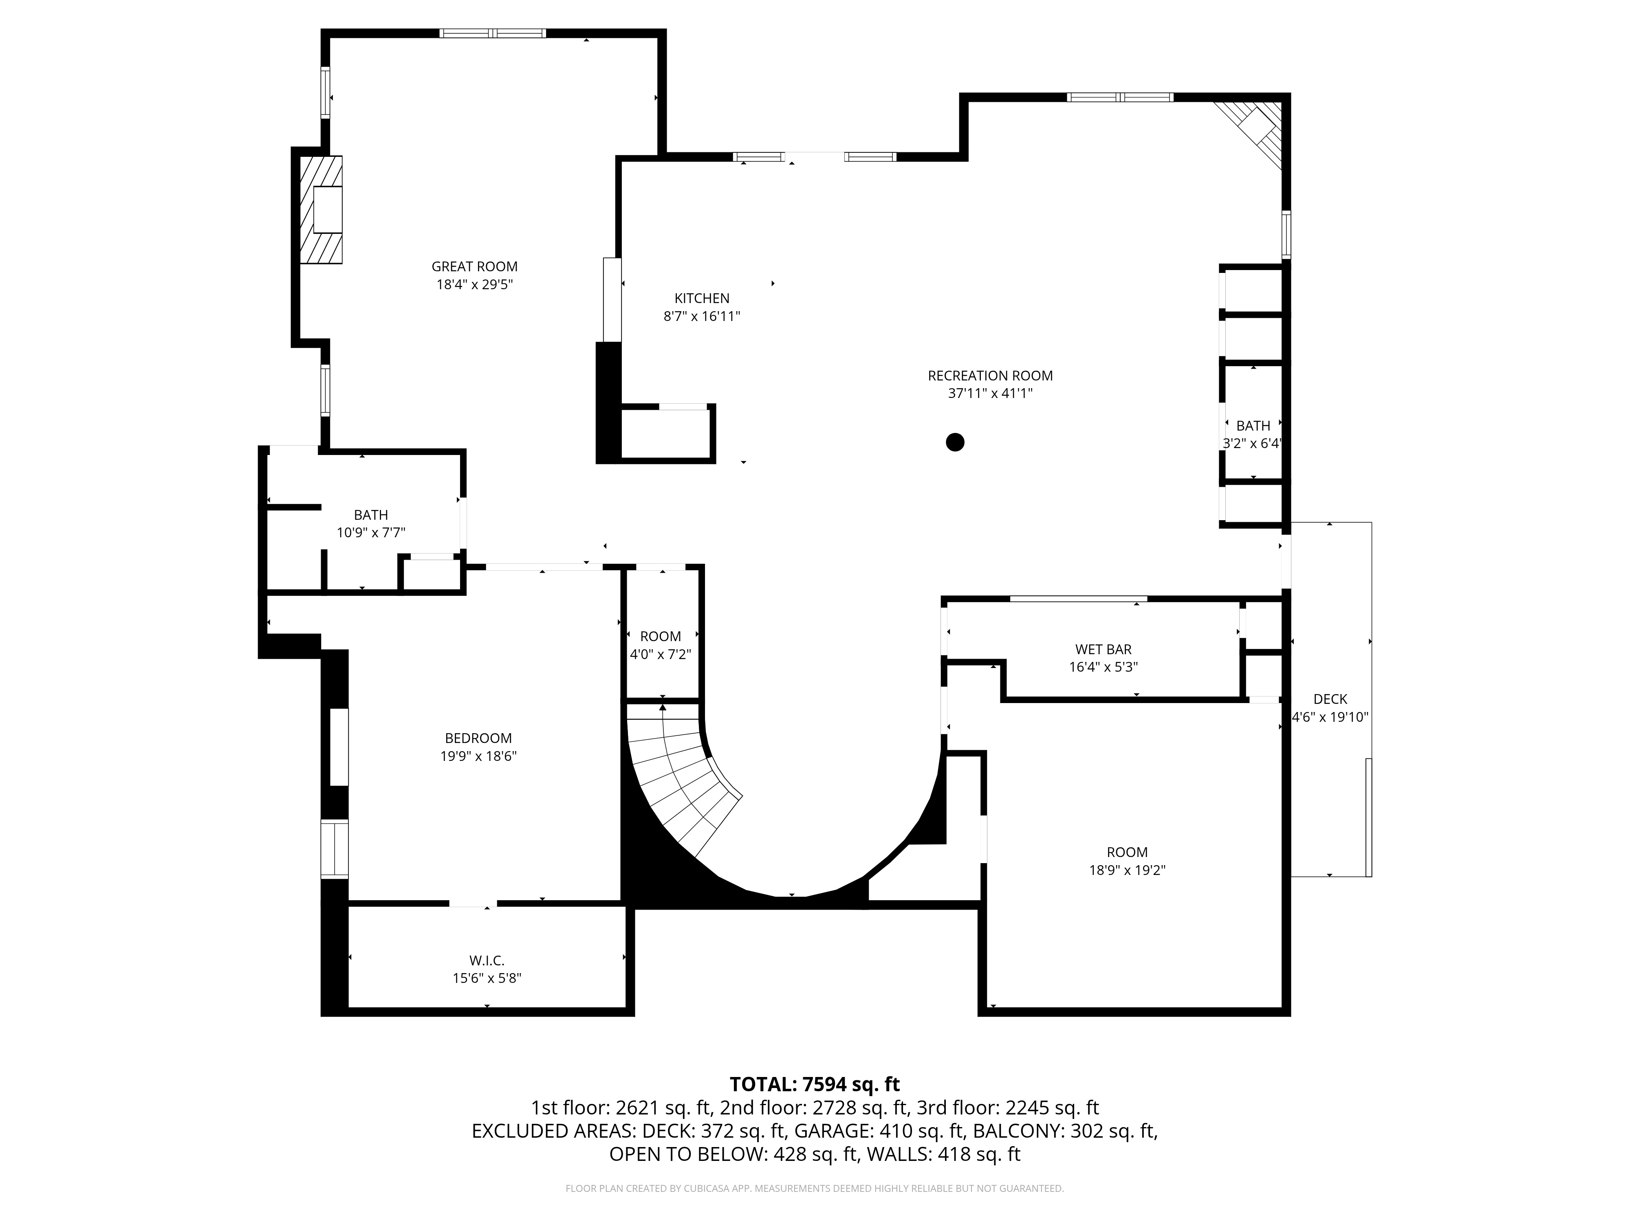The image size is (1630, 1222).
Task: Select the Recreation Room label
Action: point(990,376)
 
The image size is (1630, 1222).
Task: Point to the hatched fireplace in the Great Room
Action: point(321,209)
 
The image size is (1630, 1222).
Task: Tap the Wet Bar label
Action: point(1103,650)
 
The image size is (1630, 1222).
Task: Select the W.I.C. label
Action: point(486,960)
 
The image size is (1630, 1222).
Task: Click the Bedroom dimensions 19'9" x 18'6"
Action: point(478,756)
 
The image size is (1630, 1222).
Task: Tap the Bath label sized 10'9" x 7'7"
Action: point(371,515)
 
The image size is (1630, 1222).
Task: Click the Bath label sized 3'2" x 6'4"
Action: point(1253,426)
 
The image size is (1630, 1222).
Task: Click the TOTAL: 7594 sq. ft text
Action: point(814,1084)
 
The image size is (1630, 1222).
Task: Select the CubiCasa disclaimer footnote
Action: point(814,1188)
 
